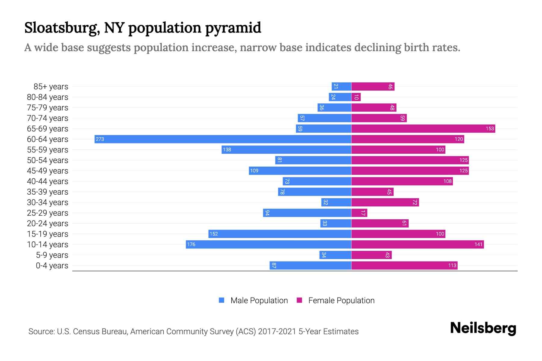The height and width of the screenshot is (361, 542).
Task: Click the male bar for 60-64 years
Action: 223,139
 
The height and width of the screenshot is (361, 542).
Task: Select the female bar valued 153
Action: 423,128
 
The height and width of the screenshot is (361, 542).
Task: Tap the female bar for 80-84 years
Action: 356,97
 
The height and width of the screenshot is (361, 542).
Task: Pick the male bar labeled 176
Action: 269,244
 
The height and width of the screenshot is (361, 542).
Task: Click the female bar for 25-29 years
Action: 359,213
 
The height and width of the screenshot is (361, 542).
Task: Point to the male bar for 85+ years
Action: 341,86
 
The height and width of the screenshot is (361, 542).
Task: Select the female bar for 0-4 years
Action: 404,265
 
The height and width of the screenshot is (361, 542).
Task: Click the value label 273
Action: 100,139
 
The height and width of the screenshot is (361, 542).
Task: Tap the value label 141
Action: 478,244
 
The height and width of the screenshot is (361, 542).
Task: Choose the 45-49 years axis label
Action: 48,171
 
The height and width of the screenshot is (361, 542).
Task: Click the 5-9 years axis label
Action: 52,255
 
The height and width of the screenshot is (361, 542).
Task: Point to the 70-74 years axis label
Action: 48,118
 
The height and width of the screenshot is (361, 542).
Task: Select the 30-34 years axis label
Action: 48,202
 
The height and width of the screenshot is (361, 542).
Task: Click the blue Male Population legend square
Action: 222,300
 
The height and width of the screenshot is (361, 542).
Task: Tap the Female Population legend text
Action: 341,300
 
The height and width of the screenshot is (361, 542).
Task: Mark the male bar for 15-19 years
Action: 280,234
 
